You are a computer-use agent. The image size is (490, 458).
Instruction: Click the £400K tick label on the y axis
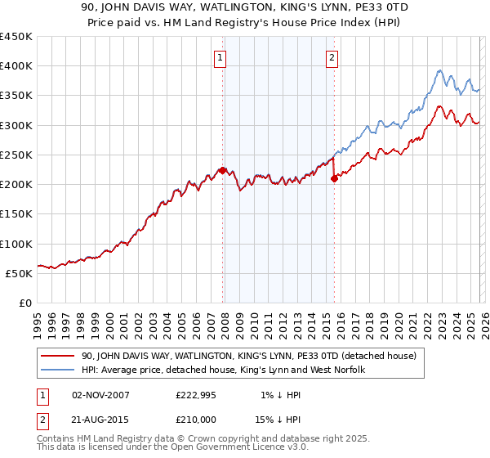tap(16, 66)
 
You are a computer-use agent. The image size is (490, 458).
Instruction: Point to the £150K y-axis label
tap(16, 214)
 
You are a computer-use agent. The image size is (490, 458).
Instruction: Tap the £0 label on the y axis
tap(26, 303)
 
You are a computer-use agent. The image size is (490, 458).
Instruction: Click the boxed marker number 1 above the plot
tap(221, 57)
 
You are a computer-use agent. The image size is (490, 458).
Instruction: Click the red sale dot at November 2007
tap(223, 171)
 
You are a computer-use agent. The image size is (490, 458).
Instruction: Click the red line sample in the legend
tap(57, 356)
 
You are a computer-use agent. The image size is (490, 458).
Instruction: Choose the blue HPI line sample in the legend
tap(57, 370)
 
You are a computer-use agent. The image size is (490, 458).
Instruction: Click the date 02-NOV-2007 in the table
tap(101, 395)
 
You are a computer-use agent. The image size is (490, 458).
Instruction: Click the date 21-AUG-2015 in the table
tap(101, 420)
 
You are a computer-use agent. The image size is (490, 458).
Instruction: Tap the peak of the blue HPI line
tap(439, 70)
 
